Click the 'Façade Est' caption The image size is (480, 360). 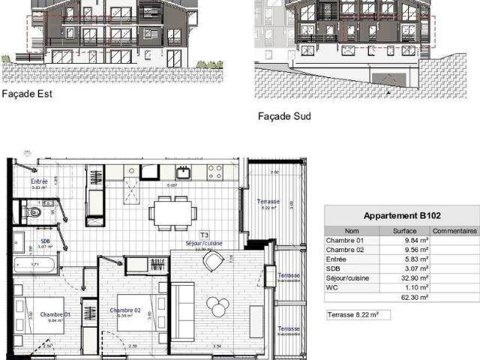pos(23,94)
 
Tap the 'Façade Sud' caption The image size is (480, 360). pos(284,117)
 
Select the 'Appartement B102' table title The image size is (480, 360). pos(400,214)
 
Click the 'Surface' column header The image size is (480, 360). pos(403,231)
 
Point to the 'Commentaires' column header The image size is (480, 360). pos(454,231)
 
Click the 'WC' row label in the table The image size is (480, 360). pos(331,286)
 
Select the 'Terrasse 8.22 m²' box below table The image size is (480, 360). pos(358,315)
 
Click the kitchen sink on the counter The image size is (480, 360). pos(184,172)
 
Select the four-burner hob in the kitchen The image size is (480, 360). pos(214,172)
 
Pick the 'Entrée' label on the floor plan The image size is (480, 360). pos(40,181)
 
